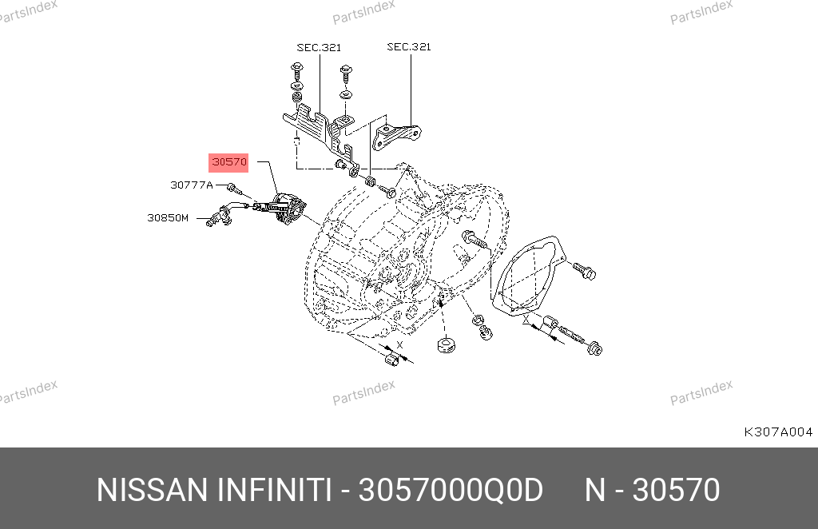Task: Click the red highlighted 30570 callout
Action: click(x=228, y=162)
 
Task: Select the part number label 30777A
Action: click(x=192, y=185)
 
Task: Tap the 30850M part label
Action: click(x=168, y=217)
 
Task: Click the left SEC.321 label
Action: click(x=319, y=47)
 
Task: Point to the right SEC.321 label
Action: click(x=409, y=47)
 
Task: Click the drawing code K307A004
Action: click(x=778, y=432)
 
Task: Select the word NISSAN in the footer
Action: click(x=153, y=491)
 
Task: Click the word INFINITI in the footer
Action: click(x=274, y=491)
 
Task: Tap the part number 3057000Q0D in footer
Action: click(x=451, y=491)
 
